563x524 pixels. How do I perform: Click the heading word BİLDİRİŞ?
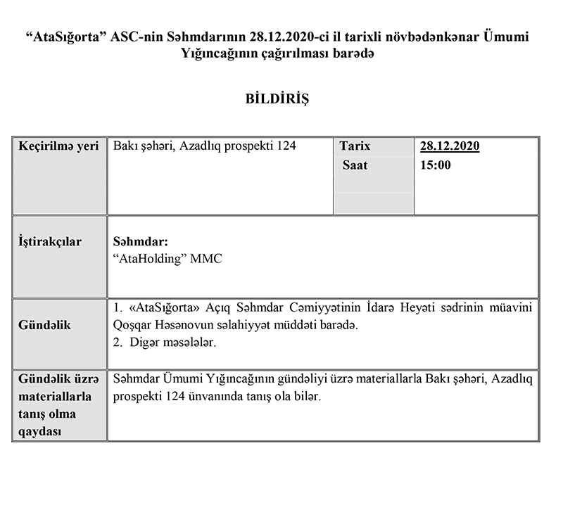(x=281, y=98)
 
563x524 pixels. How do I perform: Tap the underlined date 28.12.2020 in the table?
(x=450, y=147)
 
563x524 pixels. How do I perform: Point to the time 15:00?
(x=436, y=166)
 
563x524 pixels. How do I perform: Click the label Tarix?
(x=355, y=147)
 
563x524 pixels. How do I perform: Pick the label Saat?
(x=355, y=166)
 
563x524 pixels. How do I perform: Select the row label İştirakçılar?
(x=50, y=242)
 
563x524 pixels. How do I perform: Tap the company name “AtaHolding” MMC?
(x=167, y=258)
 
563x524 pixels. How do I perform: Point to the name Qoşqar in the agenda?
(x=133, y=326)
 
